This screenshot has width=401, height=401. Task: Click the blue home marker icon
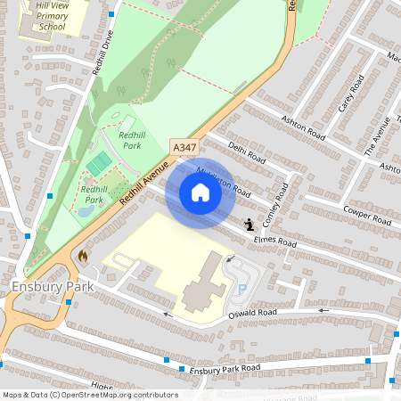click(x=200, y=192)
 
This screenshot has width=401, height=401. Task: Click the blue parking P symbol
click(x=241, y=290)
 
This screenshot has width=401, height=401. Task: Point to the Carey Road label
click(x=350, y=95)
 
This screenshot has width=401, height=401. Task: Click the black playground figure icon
click(x=249, y=225)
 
